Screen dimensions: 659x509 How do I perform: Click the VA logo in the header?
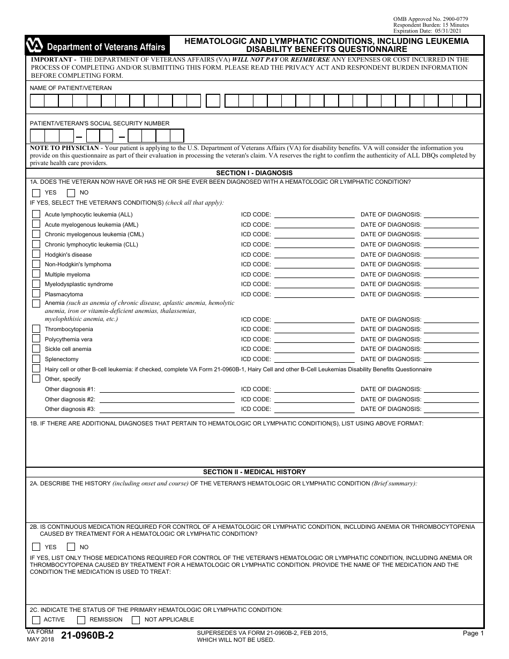tap(35, 47)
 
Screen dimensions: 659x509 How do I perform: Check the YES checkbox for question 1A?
tap(36, 193)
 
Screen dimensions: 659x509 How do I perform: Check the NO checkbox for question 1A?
tap(71, 193)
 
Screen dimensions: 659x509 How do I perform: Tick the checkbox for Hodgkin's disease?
tap(36, 254)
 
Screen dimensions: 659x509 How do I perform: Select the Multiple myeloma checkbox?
tap(36, 274)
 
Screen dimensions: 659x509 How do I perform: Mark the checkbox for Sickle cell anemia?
tap(36, 349)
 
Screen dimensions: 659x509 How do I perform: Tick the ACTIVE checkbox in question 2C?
tap(36, 620)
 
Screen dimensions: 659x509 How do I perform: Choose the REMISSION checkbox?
tap(81, 620)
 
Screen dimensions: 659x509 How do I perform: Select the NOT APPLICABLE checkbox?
tap(136, 620)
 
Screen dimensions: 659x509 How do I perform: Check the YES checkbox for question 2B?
tap(36, 547)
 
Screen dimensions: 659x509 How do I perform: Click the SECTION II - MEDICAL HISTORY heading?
tap(254, 472)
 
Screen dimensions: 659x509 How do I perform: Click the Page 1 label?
tap(473, 633)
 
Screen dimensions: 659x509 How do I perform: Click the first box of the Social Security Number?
tap(37, 136)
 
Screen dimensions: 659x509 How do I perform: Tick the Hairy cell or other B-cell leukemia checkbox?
tap(36, 369)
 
